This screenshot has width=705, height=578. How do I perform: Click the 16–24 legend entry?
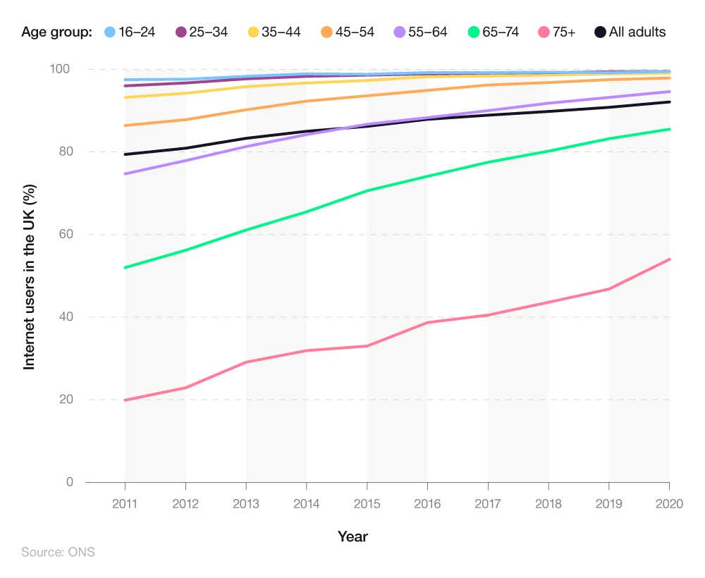click(x=130, y=32)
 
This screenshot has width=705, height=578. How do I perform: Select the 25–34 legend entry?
click(x=202, y=32)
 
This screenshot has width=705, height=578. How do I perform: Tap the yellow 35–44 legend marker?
click(x=254, y=32)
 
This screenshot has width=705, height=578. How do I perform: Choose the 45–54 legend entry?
click(x=347, y=32)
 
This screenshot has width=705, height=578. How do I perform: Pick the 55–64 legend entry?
click(x=420, y=32)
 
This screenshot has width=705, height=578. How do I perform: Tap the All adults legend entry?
click(x=630, y=32)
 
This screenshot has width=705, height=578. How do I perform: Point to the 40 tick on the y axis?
click(x=66, y=317)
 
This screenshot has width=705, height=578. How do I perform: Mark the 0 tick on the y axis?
click(x=70, y=482)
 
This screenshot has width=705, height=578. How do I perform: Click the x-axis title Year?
click(x=352, y=536)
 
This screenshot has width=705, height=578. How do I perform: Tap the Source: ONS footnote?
click(x=58, y=552)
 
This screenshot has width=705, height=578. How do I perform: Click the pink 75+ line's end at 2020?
click(x=669, y=259)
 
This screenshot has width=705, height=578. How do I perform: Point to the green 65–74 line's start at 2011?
click(x=125, y=267)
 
